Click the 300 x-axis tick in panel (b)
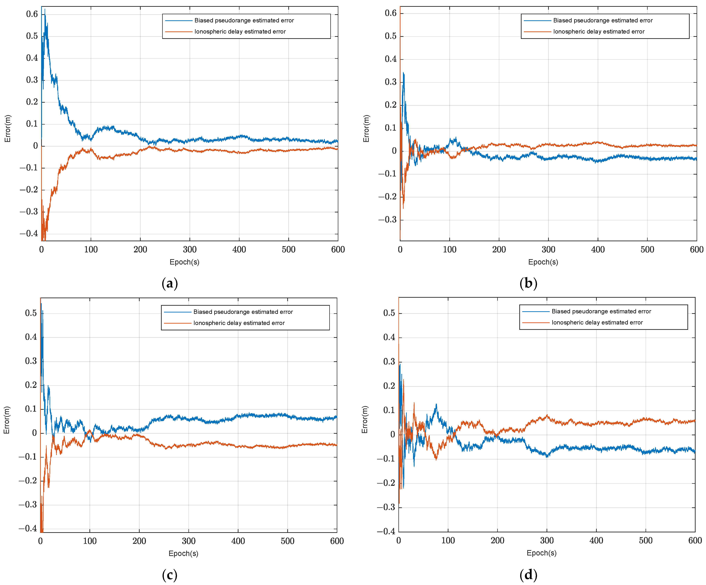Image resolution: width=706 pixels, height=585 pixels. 548,249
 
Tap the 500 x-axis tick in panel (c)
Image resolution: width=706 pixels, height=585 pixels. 287,541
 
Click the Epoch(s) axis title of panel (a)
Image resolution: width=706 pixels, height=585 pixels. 184,262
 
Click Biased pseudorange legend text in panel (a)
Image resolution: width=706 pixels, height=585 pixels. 244,20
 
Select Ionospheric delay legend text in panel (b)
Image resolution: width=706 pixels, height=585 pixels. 599,32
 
